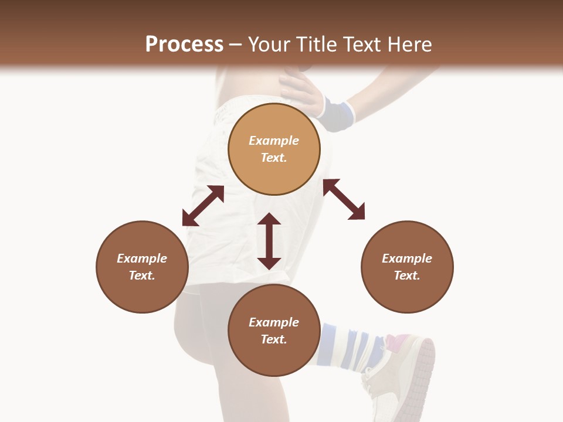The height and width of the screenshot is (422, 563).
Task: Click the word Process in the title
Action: pos(184,45)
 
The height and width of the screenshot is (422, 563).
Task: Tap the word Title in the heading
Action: pos(315,45)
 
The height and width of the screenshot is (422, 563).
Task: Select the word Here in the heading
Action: pos(409,45)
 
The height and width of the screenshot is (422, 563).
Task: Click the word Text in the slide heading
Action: pos(362,45)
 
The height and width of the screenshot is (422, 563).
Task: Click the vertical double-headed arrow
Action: pos(269,241)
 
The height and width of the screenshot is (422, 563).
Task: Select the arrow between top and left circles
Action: pos(203,206)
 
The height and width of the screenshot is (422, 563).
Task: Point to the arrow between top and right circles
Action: pos(344,199)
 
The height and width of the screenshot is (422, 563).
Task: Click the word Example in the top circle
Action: pos(274,141)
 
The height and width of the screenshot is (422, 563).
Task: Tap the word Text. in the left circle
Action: pos(142,275)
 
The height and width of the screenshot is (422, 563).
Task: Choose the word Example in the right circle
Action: pos(407,258)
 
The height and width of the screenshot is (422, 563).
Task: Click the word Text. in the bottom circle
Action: pos(274,339)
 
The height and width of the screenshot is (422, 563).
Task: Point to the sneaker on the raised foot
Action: pos(405,369)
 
